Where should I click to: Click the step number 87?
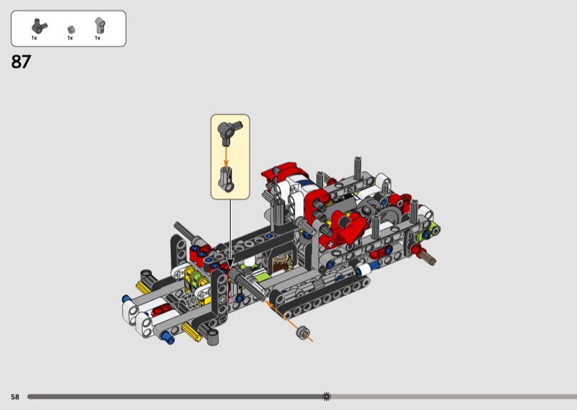point(21,61)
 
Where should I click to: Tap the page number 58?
point(14,397)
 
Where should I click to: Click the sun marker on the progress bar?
point(327,396)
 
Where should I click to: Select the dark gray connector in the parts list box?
point(39,25)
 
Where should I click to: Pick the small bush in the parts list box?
point(71,30)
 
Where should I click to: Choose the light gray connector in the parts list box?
point(100,25)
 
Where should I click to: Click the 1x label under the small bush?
point(70,38)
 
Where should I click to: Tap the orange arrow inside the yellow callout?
point(226,157)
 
